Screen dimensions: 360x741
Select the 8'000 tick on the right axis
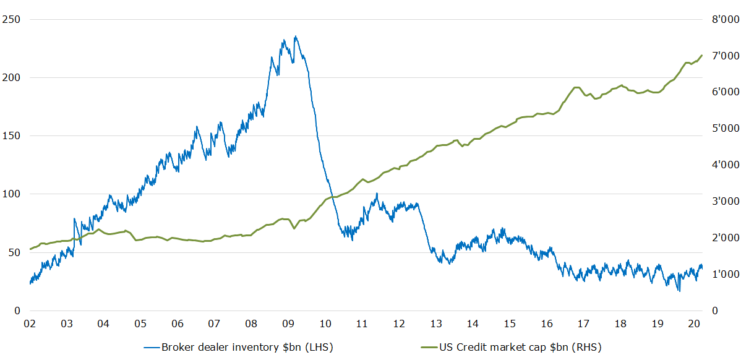[x=722, y=19]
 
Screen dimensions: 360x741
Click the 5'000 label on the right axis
[x=722, y=129]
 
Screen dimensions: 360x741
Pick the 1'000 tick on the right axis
[x=722, y=274]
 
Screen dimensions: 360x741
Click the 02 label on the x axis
[x=29, y=324]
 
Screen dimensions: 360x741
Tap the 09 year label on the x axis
[x=288, y=324]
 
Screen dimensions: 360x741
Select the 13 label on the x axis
[x=436, y=324]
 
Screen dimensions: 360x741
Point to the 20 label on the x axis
[x=694, y=324]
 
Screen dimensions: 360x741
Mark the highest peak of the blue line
[x=296, y=36]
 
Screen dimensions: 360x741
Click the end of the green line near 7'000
[x=702, y=55]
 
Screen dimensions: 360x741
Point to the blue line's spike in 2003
[x=74, y=218]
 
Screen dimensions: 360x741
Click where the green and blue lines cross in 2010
[x=332, y=197]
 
